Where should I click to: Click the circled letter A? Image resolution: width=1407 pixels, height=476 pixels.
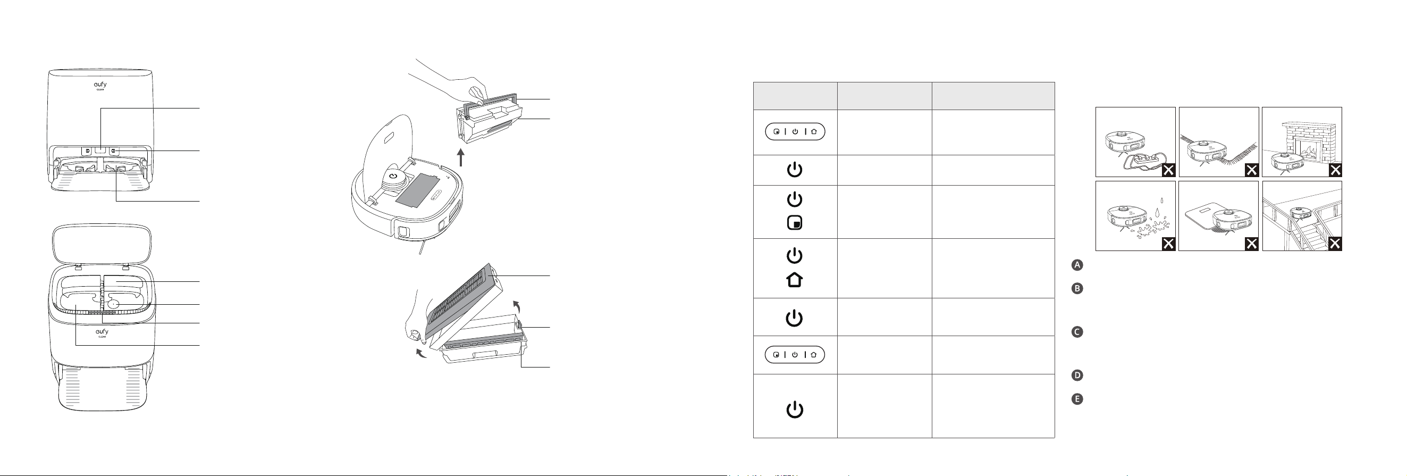pyautogui.click(x=1076, y=265)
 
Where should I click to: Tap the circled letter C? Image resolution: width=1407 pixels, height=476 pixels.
pyautogui.click(x=1076, y=332)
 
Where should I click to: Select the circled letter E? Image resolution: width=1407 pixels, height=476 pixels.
pyautogui.click(x=1076, y=399)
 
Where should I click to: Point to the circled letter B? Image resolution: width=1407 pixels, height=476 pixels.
pyautogui.click(x=1076, y=288)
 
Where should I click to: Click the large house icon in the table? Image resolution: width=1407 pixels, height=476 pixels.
pyautogui.click(x=794, y=280)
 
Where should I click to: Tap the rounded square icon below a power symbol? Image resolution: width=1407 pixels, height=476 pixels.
pyautogui.click(x=794, y=223)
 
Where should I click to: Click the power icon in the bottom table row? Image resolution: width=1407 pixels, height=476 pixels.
pyautogui.click(x=794, y=410)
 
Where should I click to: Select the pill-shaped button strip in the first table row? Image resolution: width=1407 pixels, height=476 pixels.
pyautogui.click(x=795, y=132)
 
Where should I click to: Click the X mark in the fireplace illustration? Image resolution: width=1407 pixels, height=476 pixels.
pyautogui.click(x=1335, y=170)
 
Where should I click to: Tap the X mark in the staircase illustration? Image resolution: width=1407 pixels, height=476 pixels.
pyautogui.click(x=1335, y=244)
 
